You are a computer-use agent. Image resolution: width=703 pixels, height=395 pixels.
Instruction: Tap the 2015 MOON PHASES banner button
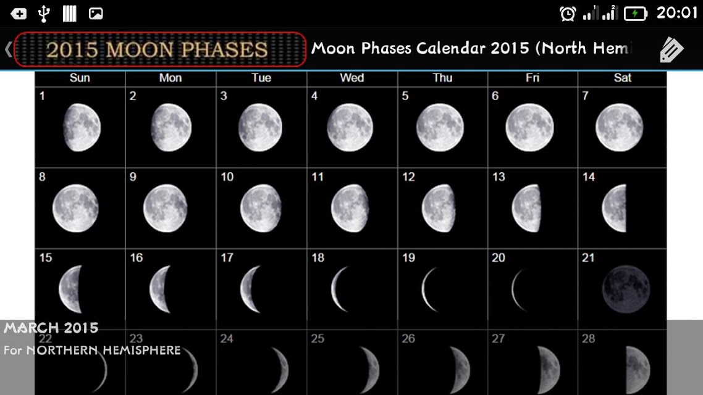(x=160, y=49)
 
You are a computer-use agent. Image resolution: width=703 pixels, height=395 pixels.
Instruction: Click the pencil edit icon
(x=671, y=49)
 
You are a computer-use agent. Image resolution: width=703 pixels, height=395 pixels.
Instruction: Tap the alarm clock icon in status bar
(x=568, y=14)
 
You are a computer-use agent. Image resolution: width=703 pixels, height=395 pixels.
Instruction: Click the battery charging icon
(x=636, y=14)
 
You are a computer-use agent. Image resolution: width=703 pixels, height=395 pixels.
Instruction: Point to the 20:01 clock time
(x=677, y=13)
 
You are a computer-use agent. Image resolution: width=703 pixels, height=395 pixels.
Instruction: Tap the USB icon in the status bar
(x=43, y=14)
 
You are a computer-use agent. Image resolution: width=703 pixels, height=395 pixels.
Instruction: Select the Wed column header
(x=352, y=78)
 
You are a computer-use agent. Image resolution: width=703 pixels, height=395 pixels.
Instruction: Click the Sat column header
(x=622, y=78)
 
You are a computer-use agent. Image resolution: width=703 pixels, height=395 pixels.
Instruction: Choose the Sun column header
(x=80, y=78)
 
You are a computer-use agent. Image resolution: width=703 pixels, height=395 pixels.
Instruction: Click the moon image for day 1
(x=82, y=128)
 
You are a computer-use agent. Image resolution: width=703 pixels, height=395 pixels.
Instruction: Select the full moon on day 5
(x=440, y=128)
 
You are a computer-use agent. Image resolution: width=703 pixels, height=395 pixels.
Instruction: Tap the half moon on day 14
(x=614, y=208)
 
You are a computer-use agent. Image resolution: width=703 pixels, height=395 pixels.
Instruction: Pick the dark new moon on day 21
(x=626, y=289)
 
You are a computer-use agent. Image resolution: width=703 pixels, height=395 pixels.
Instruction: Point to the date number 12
(x=408, y=177)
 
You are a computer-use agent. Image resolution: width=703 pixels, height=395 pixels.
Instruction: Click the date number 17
(x=227, y=257)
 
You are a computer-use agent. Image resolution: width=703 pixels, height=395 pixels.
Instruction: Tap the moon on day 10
(x=261, y=208)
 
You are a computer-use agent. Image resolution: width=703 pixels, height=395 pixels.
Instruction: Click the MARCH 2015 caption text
(x=51, y=328)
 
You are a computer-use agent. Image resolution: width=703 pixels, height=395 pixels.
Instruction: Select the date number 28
(x=588, y=339)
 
